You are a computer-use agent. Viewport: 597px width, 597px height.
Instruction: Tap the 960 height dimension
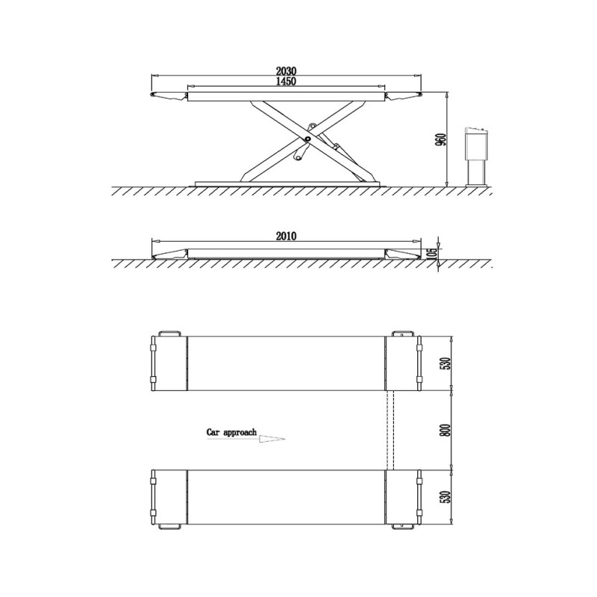(x=440, y=140)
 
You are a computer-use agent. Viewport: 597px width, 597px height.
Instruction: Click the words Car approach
(x=232, y=432)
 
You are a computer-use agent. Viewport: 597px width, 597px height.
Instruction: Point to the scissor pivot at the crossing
(x=307, y=139)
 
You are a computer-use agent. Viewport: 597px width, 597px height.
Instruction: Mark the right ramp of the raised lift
(x=404, y=96)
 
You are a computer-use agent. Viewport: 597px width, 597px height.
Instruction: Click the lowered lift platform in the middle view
(x=287, y=252)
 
